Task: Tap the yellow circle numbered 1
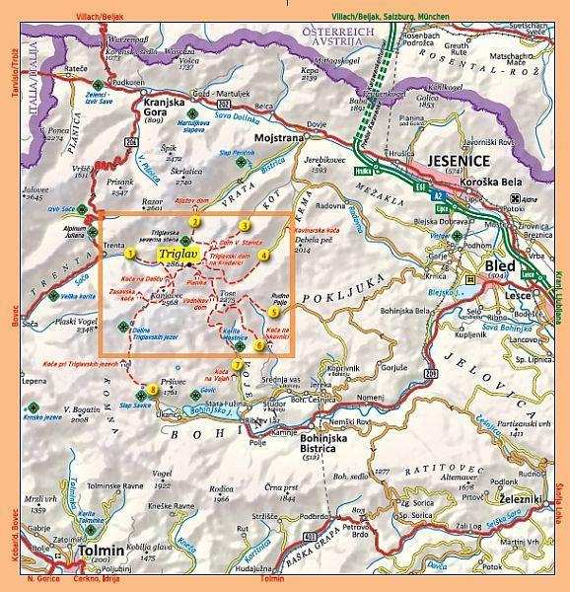129,254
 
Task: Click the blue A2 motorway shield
438,196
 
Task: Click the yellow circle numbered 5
273,313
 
